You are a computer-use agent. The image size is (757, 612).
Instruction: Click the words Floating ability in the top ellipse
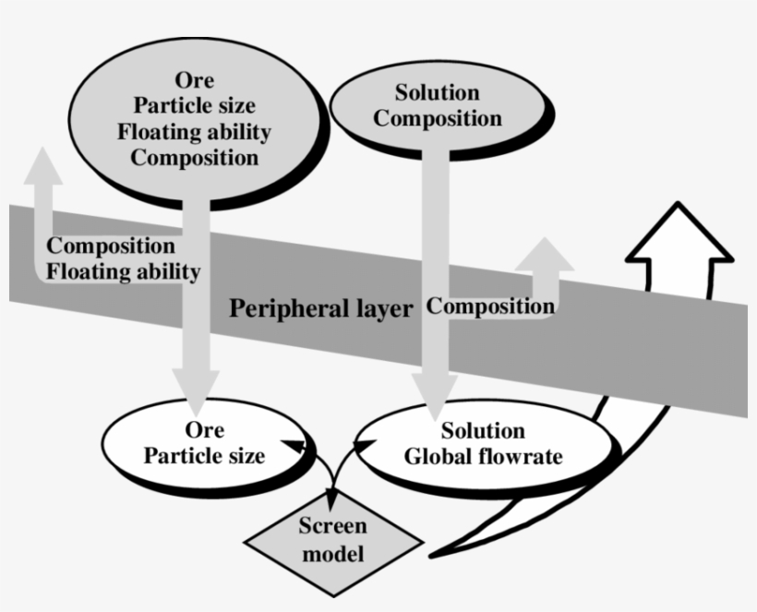coord(194,131)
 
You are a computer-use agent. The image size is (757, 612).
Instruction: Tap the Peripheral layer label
coord(320,308)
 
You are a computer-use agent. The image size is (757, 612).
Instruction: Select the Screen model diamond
coord(332,541)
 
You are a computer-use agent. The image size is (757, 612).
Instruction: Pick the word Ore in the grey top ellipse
coord(194,80)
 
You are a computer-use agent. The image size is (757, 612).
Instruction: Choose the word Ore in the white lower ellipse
coord(204,430)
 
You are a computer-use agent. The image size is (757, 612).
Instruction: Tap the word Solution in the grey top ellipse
coord(437,92)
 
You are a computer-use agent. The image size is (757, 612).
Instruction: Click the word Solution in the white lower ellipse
coord(483,431)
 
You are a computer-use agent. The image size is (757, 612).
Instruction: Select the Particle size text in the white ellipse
coord(204,456)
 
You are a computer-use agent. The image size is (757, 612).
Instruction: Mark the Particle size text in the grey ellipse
coord(194,105)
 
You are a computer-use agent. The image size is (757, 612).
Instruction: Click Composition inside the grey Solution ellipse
coord(438,118)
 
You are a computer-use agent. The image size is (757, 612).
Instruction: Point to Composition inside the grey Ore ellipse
coord(194,157)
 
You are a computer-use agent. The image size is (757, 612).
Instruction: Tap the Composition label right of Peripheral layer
coord(490,306)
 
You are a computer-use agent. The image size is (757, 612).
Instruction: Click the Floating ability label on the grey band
coord(123,272)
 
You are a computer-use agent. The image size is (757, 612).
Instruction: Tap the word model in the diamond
coord(332,554)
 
